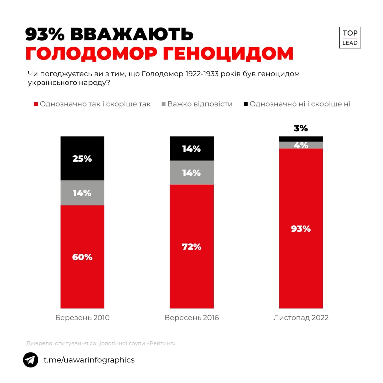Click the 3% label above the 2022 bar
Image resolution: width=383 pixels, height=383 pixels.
click(x=301, y=128)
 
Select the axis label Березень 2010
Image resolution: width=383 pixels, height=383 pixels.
click(x=82, y=317)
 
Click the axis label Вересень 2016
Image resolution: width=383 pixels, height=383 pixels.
click(x=191, y=317)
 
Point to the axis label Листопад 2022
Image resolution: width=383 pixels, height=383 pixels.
click(x=301, y=317)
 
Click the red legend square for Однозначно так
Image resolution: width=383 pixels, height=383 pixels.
click(x=36, y=104)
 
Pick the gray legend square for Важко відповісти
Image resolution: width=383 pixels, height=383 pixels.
click(x=164, y=104)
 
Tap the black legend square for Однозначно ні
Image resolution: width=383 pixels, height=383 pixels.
click(x=246, y=104)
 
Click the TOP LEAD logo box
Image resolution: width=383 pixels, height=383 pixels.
click(x=350, y=38)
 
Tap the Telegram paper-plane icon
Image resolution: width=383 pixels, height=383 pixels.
click(x=31, y=360)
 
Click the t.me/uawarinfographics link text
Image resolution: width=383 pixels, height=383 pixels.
click(x=89, y=360)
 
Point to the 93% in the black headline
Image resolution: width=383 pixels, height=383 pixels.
click(x=45, y=34)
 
